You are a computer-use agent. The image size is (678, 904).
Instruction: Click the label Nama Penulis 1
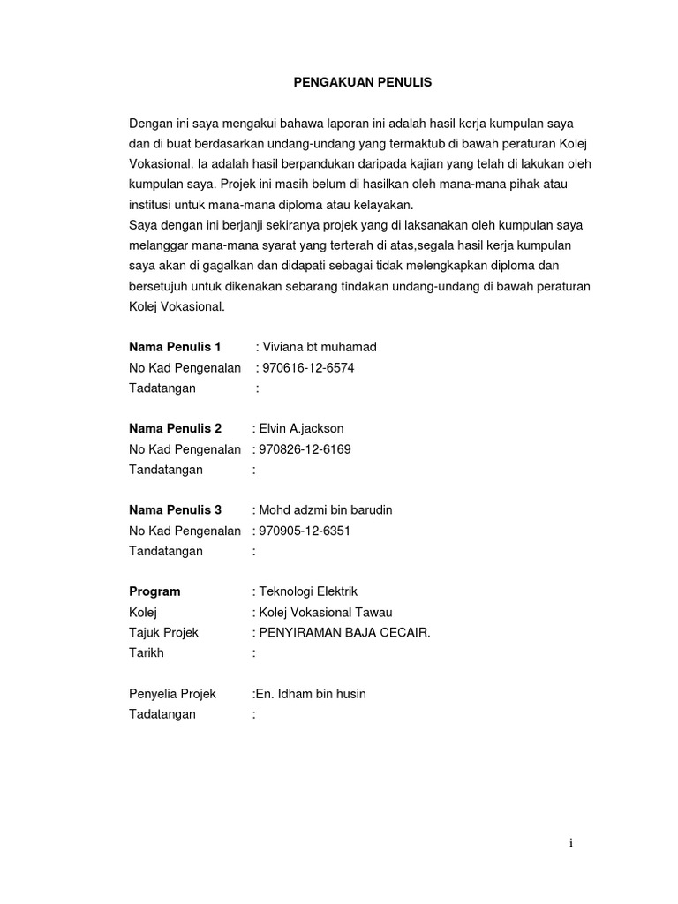175,347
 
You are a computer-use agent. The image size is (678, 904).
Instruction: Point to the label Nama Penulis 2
175,428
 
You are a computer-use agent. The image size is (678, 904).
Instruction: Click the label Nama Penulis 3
175,510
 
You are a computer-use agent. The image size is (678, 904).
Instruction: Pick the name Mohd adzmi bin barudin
325,510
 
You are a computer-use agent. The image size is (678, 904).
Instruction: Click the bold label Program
154,591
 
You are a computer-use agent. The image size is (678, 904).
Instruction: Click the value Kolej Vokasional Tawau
325,613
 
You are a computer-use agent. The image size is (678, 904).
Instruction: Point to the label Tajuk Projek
164,633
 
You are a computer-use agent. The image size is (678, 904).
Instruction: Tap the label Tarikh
147,653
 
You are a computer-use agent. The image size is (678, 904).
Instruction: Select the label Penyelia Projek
172,694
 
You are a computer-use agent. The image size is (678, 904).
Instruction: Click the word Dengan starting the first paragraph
153,124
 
